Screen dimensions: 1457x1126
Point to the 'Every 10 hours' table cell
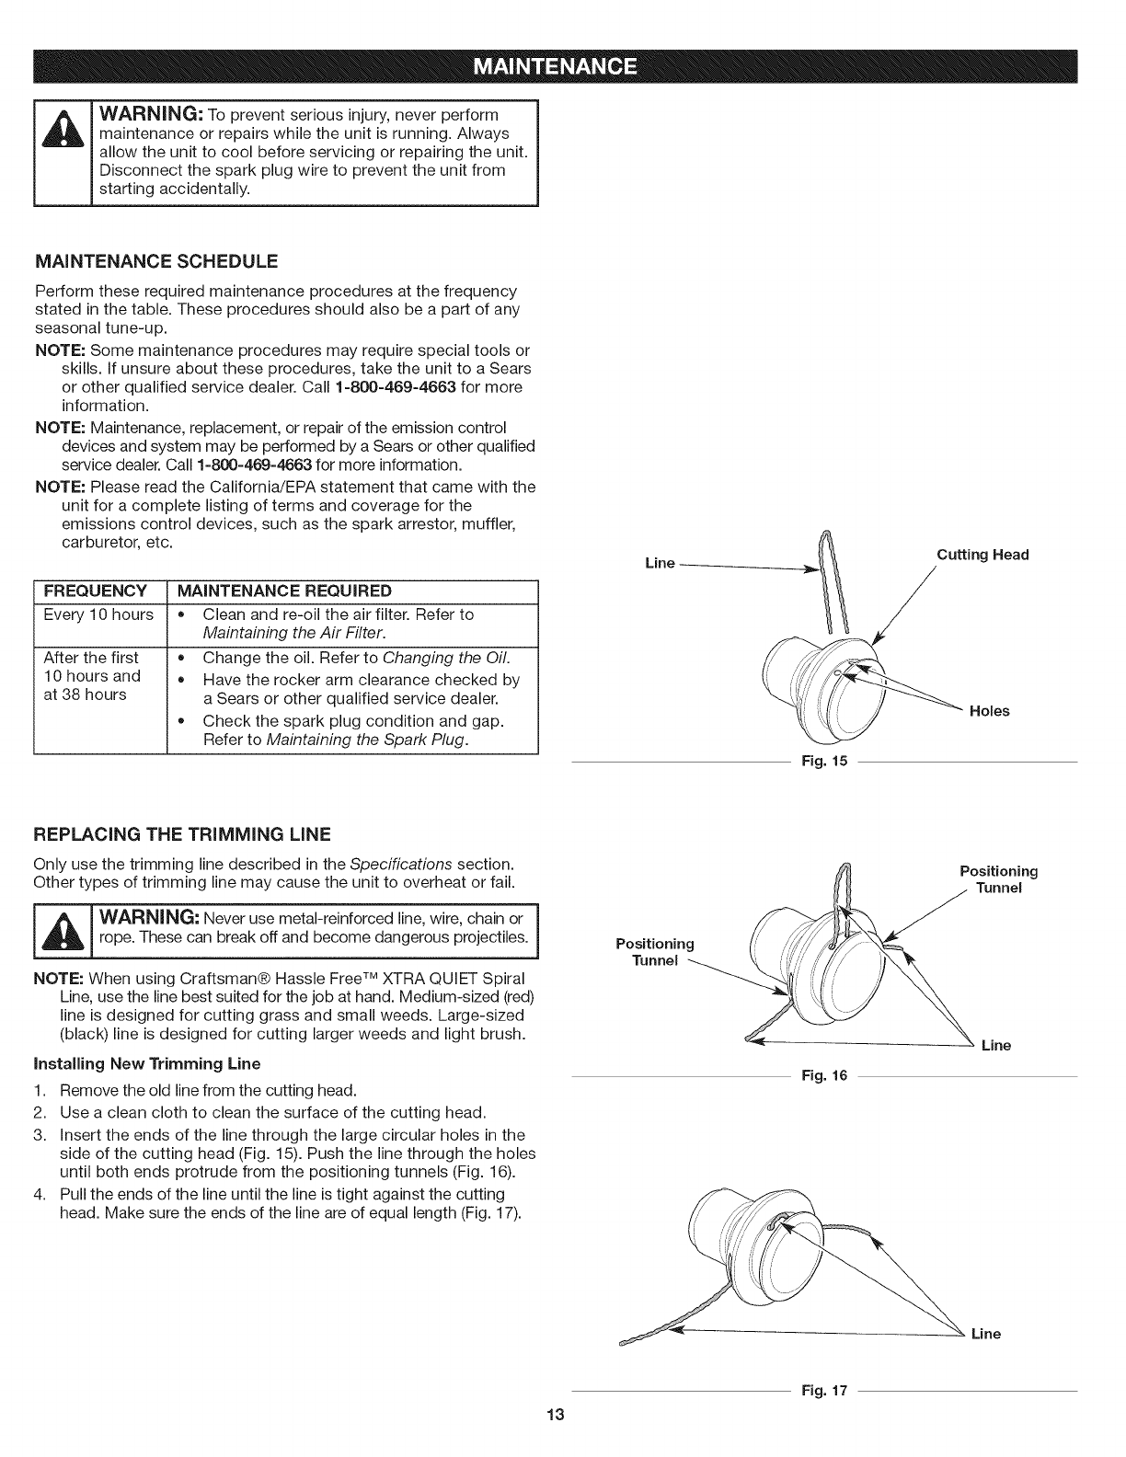point(98,614)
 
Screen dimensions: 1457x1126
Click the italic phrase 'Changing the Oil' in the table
point(445,658)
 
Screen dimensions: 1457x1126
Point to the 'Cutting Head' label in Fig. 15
point(982,555)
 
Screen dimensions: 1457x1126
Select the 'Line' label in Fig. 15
point(660,563)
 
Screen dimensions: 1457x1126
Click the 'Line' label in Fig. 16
point(996,1046)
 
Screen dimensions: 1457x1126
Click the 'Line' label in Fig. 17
point(986,1334)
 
